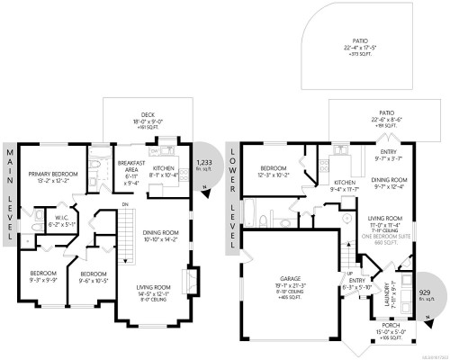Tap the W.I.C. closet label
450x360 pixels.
(62, 220)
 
